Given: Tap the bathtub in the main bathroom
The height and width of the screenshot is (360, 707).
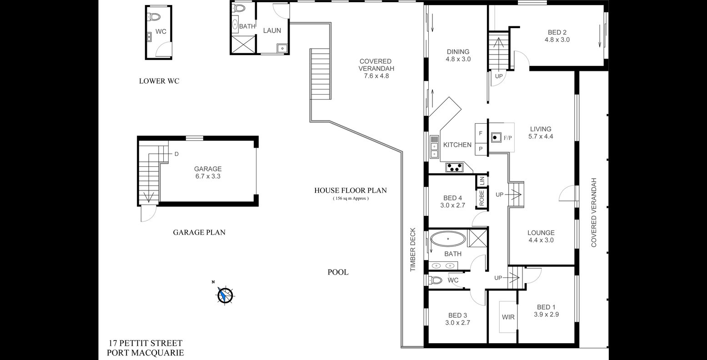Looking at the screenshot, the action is tap(448, 239).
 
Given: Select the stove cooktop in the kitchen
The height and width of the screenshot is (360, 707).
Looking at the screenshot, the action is tap(455, 167).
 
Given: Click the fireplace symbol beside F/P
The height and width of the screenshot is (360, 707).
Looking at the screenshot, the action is tap(496, 138).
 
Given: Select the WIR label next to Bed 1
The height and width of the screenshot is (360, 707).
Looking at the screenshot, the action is tap(508, 317).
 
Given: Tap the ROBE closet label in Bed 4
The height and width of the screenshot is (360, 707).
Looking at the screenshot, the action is tap(481, 198).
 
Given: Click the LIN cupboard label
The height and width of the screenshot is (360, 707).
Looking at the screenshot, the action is tap(482, 181).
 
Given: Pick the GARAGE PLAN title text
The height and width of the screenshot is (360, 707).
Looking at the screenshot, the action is tap(199, 233).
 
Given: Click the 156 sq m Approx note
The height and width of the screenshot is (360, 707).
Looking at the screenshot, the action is tap(351, 199).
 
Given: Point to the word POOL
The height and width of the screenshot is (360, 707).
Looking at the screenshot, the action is tap(338, 272).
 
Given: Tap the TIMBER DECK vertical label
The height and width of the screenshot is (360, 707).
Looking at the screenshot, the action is tap(413, 250).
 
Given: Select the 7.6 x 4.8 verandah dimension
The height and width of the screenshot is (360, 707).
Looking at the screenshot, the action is tap(376, 76).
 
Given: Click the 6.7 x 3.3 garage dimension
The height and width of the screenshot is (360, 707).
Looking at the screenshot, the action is tap(208, 176).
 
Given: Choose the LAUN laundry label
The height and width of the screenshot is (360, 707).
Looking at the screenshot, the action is tap(272, 30).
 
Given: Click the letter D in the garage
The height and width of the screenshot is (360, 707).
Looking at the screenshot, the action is tap(177, 154).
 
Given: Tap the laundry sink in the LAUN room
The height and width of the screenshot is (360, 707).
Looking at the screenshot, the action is tap(282, 48).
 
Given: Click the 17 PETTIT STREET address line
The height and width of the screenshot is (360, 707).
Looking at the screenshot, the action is tap(145, 343).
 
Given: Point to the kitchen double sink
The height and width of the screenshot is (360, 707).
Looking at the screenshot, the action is tap(434, 150).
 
